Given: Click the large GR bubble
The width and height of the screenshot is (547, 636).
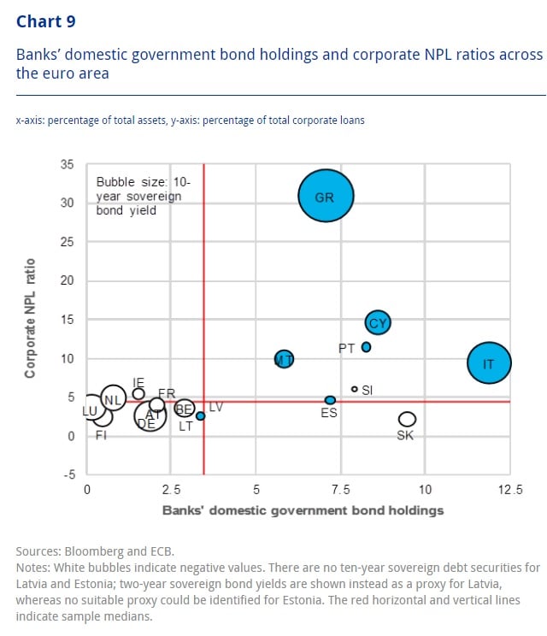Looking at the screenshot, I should pos(325,197).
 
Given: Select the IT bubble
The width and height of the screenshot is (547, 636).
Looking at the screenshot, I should pos(489,362).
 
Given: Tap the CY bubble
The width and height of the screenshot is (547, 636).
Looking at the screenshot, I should pos(378,322).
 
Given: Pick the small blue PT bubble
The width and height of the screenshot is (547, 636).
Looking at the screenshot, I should pos(366,347).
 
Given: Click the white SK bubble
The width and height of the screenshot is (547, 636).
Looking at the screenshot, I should pos(407,419).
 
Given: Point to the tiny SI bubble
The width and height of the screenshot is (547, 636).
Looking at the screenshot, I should pos(355,389).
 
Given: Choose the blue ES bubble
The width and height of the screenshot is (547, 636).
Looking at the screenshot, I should pos(330,400).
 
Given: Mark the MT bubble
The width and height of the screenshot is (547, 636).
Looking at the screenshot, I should pos(284,359).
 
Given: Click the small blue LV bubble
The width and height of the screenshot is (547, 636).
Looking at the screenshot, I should pos(200,415).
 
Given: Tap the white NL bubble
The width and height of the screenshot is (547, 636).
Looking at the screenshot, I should pos(112,398).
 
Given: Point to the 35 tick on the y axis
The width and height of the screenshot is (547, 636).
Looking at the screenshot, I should pos(67,164).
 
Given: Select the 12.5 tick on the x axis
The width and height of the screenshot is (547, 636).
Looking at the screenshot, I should pos(511,490).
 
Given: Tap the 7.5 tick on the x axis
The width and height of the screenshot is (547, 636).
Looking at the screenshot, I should pos(341,490).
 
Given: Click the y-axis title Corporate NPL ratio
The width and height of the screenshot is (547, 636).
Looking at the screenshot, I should pos(31,319).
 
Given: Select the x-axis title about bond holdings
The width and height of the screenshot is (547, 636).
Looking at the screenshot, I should pos(303,510).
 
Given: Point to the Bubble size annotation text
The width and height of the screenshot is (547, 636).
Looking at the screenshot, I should pos(138,196).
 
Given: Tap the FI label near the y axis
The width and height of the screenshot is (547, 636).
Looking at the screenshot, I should pos(101,435).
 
